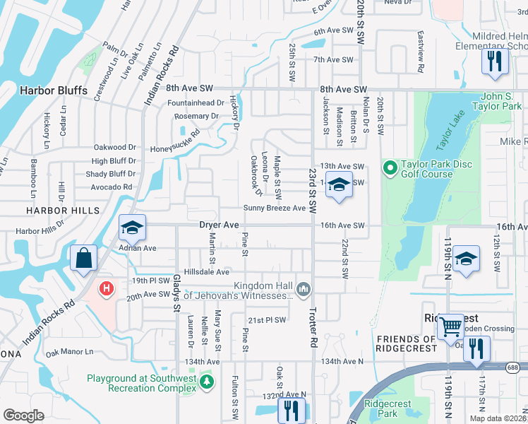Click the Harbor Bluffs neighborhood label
pos(54,90)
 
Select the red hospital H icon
pos(107,288)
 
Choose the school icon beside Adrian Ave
pos(131,228)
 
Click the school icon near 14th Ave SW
pos(339,185)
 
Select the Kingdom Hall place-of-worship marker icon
pos(304,288)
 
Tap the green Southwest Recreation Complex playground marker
pos(206,382)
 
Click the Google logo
pos(23,415)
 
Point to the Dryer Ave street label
pos(219,225)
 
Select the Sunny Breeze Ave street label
pos(275,208)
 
